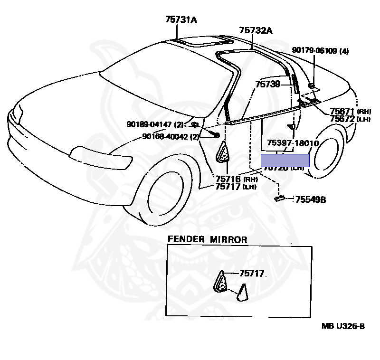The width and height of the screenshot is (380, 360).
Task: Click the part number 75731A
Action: [x=181, y=19]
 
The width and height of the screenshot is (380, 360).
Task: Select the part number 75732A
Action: [x=256, y=30]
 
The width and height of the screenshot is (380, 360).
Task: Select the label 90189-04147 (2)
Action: [x=155, y=124]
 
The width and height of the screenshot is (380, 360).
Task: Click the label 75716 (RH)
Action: [x=236, y=180]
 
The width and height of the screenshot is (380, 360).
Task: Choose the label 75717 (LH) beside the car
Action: [x=236, y=187]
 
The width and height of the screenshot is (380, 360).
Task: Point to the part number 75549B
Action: [x=311, y=200]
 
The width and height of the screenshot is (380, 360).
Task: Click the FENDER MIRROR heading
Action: [x=207, y=240]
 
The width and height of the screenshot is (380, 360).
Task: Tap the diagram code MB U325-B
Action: [x=343, y=326]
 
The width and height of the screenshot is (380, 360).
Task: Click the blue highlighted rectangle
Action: [x=285, y=160]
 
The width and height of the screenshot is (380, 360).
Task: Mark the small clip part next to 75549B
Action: [x=280, y=198]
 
